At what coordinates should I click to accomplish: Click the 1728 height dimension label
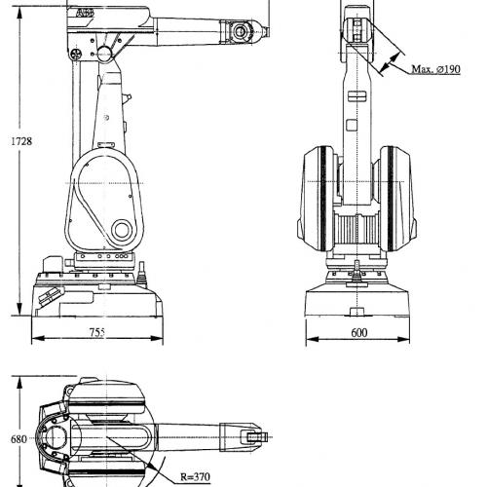pyautogui.click(x=21, y=141)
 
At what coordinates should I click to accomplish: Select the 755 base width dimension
pyautogui.click(x=97, y=332)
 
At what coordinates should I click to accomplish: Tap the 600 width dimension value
pyautogui.click(x=359, y=333)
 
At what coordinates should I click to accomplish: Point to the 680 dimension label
pyautogui.click(x=19, y=439)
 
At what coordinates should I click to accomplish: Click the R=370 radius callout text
pyautogui.click(x=195, y=477)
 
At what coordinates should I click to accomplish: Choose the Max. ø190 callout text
pyautogui.click(x=435, y=69)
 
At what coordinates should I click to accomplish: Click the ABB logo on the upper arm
pyautogui.click(x=85, y=14)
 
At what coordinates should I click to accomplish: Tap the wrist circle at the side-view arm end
pyautogui.click(x=241, y=31)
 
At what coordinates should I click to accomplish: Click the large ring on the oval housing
pyautogui.click(x=122, y=230)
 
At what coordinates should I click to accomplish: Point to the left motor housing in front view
pyautogui.click(x=318, y=199)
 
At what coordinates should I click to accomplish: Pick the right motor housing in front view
pyautogui.click(x=396, y=199)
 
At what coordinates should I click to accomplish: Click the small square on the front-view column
pyautogui.click(x=352, y=126)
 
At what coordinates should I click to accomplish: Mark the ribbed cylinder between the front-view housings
pyautogui.click(x=356, y=230)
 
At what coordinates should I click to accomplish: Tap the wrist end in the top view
pyautogui.click(x=256, y=437)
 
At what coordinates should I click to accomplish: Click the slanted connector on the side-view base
pyautogui.click(x=51, y=296)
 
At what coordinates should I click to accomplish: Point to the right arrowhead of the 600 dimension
pyautogui.click(x=403, y=339)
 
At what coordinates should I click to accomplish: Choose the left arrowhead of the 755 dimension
pyautogui.click(x=38, y=339)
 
